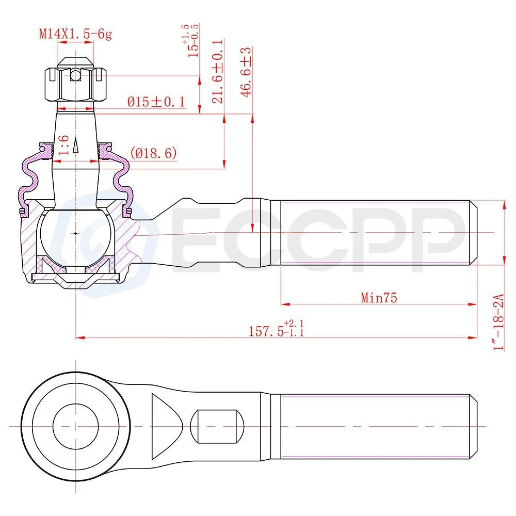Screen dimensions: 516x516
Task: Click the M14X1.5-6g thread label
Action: point(75,34)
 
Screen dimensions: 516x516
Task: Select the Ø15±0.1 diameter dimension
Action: point(156,102)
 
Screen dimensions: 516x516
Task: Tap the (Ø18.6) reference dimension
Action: point(153,153)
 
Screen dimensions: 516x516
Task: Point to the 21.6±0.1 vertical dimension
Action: point(218,72)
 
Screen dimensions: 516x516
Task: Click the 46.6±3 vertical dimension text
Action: point(246,72)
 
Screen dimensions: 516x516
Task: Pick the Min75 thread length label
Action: point(379,298)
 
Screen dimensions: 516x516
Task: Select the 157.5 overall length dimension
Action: point(276,329)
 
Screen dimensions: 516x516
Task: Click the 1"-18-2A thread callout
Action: point(499,322)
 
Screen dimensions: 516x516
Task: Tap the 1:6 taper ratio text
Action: point(63,145)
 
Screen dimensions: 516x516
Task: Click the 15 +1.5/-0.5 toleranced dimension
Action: point(193,41)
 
